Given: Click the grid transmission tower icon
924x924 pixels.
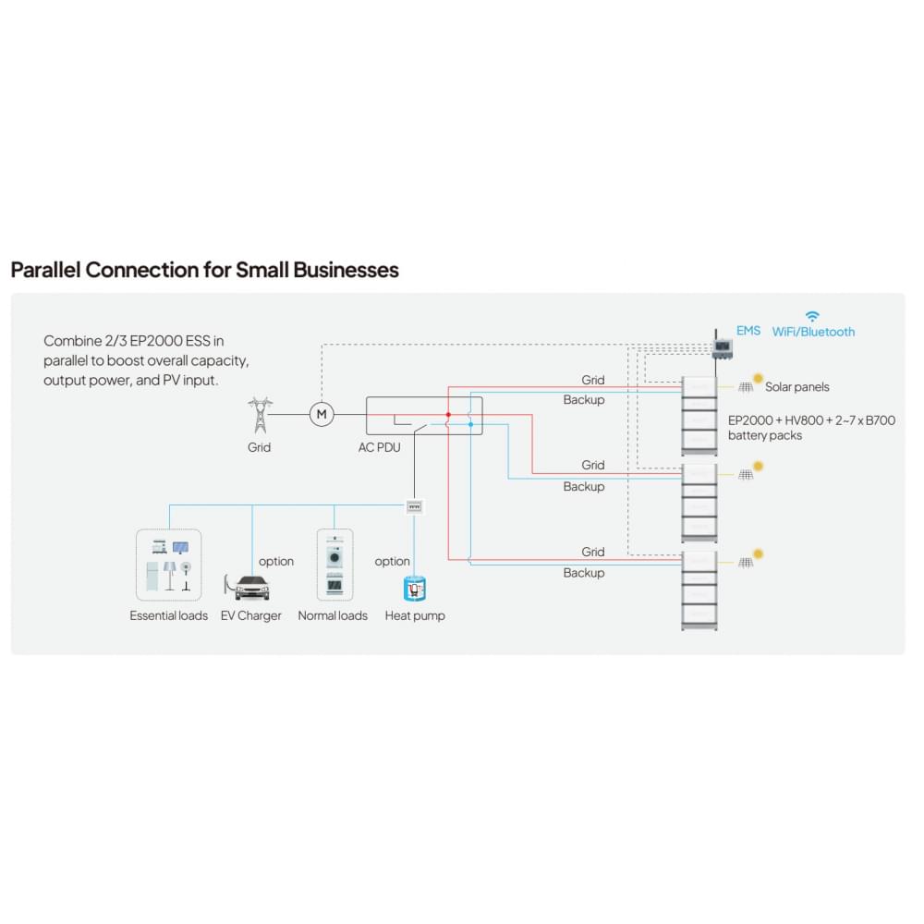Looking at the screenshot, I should point(260,415).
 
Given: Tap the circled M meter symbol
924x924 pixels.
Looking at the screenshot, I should point(322,414).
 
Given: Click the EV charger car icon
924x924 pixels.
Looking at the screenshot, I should point(247,587).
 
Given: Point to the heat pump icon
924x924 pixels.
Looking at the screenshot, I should point(415,588).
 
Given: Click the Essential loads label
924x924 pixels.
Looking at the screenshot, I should point(169,616).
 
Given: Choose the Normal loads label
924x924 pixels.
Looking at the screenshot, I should point(333,616).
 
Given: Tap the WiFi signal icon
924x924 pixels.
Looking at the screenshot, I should point(812,316).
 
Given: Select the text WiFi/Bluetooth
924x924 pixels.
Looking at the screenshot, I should point(813,332).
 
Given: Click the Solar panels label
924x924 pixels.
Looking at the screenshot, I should point(796,387).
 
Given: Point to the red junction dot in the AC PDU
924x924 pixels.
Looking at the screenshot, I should point(448,415).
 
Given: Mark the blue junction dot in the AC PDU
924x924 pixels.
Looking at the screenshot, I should point(470,424).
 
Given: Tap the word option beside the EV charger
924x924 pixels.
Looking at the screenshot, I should point(276,562).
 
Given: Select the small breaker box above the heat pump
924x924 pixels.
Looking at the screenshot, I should point(415,505).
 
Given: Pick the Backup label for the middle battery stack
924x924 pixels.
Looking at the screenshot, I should point(584,487).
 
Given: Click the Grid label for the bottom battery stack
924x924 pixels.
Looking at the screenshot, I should point(593,553).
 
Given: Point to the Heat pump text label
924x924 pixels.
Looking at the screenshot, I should point(415,616).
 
